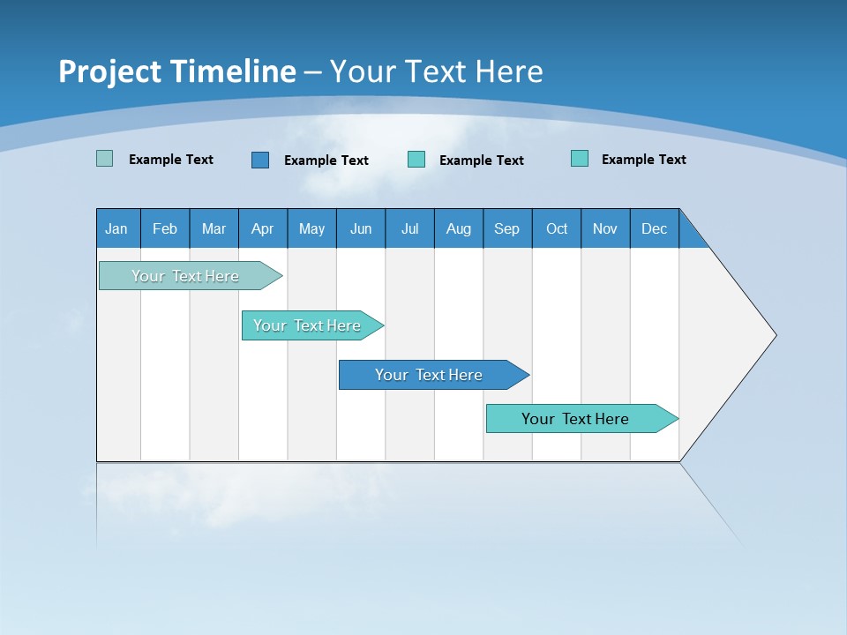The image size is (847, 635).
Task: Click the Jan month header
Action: [x=117, y=228]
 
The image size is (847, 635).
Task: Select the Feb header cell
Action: [x=165, y=228]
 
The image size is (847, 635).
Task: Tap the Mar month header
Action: [x=214, y=228]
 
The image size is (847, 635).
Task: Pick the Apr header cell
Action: [x=263, y=228]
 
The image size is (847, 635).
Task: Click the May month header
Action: [x=311, y=228]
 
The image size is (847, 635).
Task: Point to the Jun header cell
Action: [x=361, y=228]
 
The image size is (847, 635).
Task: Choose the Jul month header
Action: [x=409, y=228]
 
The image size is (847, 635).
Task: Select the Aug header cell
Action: [x=459, y=228]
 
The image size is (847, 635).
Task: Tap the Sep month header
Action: [x=507, y=228]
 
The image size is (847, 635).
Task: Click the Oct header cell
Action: [x=557, y=228]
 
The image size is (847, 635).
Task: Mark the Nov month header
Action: [x=605, y=228]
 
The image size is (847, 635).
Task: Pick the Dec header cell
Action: [x=655, y=228]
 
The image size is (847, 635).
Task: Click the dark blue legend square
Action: [x=260, y=160]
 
